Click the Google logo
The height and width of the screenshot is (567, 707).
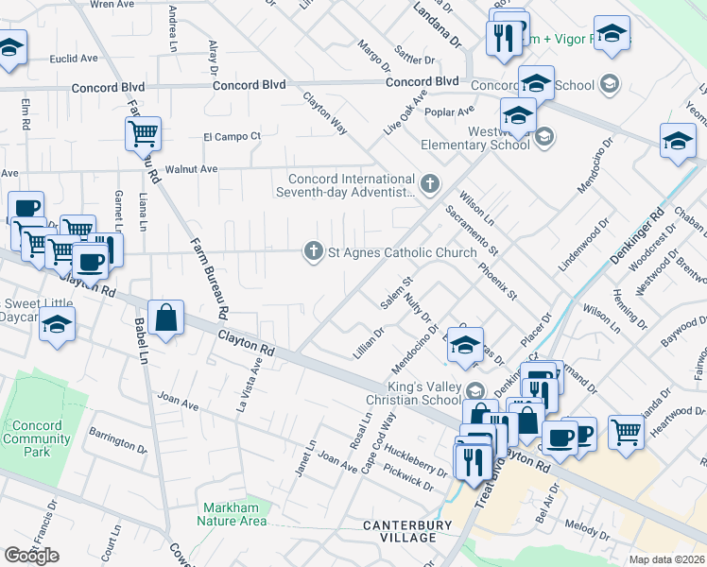click(32, 556)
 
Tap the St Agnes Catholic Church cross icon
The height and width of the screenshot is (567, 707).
click(313, 251)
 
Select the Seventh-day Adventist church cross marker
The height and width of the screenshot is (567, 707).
click(430, 182)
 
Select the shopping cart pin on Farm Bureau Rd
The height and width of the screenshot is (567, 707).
click(143, 134)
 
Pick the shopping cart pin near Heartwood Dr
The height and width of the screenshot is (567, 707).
click(626, 432)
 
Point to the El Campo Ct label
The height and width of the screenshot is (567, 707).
click(224, 136)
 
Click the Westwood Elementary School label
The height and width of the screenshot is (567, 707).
click(475, 139)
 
